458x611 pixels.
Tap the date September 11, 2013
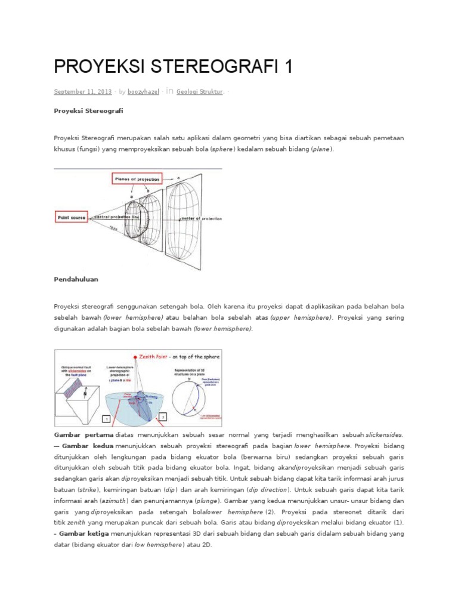(83, 92)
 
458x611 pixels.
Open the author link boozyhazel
(143, 92)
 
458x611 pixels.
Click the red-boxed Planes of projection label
(138, 178)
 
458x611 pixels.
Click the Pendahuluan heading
(76, 279)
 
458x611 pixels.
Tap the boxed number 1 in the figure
(105, 419)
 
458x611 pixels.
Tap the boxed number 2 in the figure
(163, 415)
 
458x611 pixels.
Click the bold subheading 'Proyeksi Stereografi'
(88, 111)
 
